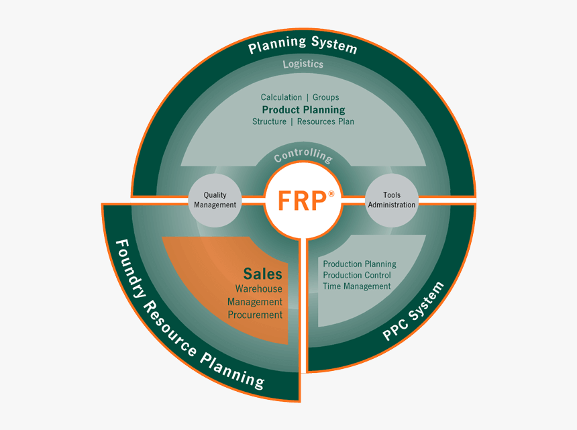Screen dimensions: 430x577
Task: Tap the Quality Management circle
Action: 215,200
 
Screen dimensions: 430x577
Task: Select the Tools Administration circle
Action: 391,200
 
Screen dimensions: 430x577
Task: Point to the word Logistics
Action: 303,64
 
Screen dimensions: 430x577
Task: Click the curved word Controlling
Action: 303,156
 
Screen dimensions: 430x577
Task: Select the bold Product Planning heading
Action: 303,109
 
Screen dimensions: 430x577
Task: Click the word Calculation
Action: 281,97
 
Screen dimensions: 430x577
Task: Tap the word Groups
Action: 326,97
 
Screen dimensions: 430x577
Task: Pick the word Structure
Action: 269,121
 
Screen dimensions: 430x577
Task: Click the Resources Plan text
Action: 325,121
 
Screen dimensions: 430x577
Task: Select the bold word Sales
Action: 262,274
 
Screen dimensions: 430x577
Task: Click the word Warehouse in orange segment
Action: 258,288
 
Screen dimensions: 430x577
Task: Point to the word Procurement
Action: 255,315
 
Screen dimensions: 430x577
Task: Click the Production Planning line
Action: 360,264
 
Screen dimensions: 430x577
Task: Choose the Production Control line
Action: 357,275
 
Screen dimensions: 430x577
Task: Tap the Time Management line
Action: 357,286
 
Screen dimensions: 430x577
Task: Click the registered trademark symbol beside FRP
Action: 331,194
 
